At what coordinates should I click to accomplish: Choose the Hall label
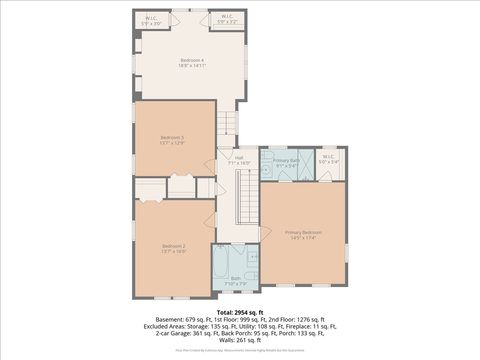(239, 158)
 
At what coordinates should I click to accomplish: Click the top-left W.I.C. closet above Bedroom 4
(150, 20)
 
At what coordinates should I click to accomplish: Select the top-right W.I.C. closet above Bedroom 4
(224, 20)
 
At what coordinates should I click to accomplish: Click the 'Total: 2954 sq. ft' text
(240, 310)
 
